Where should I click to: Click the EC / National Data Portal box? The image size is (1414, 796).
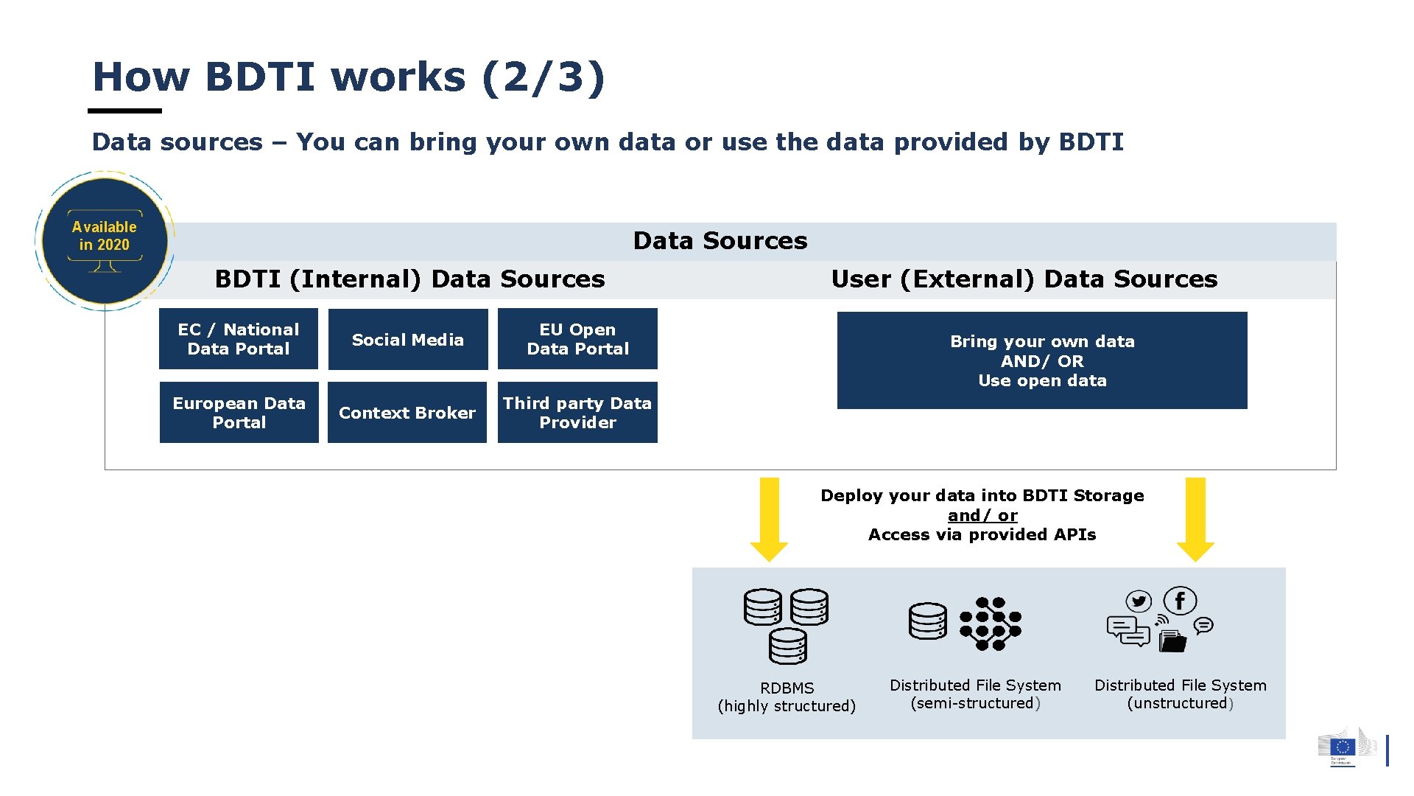point(239,339)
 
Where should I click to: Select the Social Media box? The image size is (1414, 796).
point(408,339)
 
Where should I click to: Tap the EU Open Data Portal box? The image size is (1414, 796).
point(577,339)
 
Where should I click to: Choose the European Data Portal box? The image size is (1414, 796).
point(239,413)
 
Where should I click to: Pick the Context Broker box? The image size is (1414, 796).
point(407,413)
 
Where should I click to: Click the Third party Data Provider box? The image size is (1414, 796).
point(577,413)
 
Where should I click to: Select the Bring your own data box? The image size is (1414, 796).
point(1042,360)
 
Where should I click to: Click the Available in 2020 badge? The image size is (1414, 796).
point(105,240)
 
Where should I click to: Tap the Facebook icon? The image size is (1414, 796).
point(1180,601)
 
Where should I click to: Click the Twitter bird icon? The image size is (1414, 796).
point(1139,601)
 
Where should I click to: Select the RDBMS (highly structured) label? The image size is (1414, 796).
point(787,696)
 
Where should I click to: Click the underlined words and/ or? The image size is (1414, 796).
point(982,515)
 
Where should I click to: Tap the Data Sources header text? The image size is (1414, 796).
point(720,241)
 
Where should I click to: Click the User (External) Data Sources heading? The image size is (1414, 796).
point(1024,279)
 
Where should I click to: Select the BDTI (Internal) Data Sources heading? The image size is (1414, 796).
point(409,279)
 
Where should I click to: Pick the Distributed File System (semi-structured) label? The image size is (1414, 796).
point(975,694)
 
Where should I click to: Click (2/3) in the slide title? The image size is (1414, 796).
point(544,77)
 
